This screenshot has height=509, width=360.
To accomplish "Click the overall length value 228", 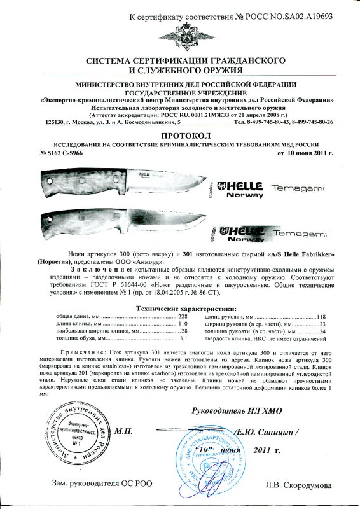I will point(183,316).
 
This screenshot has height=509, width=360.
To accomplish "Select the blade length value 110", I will point(183,324).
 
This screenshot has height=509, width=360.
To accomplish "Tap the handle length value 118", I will point(321,316).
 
